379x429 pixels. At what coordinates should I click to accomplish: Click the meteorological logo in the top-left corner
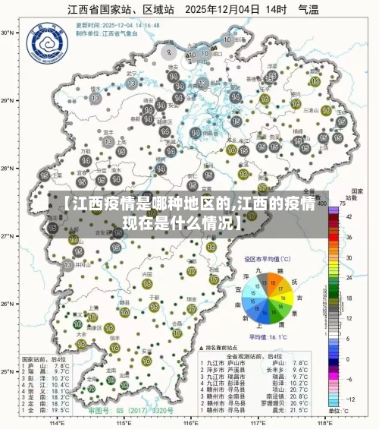click(x=41, y=46)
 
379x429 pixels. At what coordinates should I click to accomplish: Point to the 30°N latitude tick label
click(x=9, y=33)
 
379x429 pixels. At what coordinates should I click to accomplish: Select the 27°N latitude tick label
click(x=9, y=236)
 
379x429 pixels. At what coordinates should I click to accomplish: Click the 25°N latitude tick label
click(x=9, y=372)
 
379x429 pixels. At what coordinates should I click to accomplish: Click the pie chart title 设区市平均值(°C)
click(x=268, y=259)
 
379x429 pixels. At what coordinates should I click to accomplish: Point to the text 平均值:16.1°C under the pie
click(x=268, y=336)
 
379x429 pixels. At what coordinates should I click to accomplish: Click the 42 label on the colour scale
click(x=349, y=217)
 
